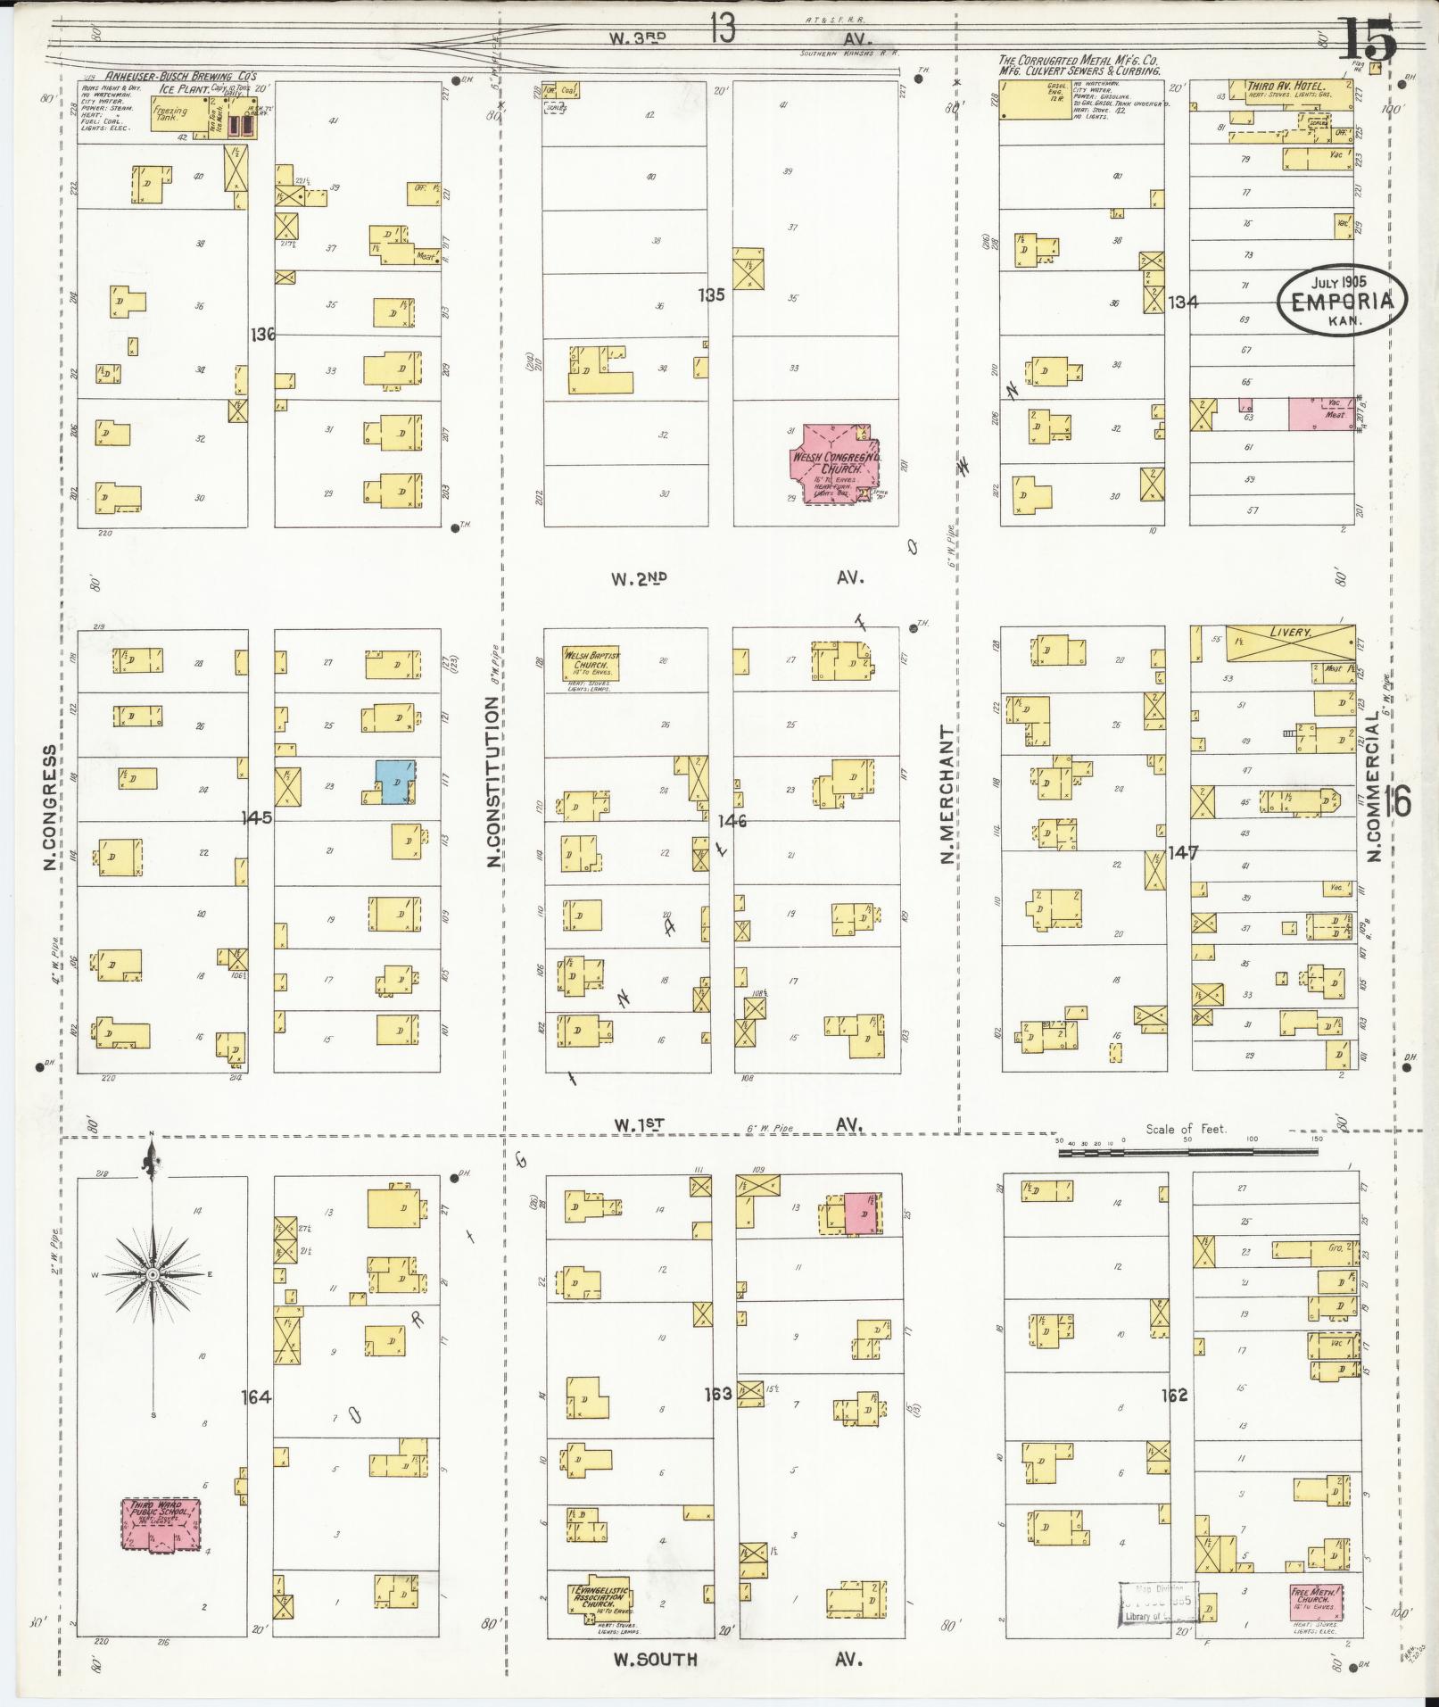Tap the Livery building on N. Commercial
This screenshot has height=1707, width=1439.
coord(1290,643)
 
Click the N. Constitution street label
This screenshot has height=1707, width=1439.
coord(492,782)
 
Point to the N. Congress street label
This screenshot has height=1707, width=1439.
coord(49,808)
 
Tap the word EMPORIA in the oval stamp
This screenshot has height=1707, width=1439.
coord(1341,301)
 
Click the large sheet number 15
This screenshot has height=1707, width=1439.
coord(1366,40)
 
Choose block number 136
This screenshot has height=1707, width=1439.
coord(262,335)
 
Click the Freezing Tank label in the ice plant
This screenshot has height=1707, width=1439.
coord(172,114)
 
